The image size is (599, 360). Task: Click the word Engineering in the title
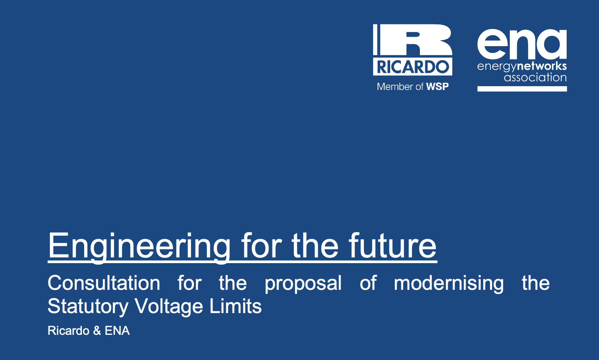139,247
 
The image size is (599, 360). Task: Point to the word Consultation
104,283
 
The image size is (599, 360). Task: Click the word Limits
235,306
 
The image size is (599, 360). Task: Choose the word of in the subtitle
368,283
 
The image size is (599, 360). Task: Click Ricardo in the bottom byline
69,331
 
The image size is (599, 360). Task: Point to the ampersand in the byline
97,331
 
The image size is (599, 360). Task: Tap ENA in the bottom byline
117,331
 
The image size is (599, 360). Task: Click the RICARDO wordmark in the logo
413,67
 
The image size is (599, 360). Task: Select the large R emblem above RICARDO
413,40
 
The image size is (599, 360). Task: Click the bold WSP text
437,87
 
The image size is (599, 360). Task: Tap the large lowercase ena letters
522,44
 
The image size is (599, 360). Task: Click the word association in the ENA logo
535,77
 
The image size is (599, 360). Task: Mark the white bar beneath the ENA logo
522,88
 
